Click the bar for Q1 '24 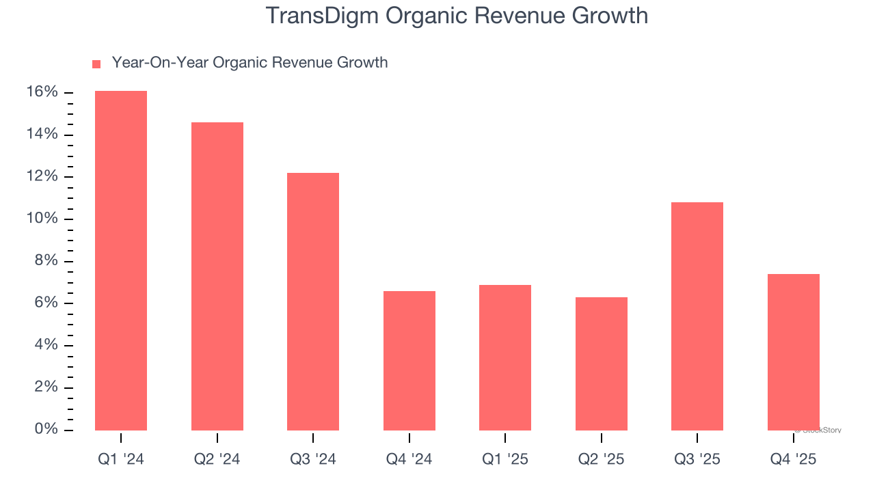coord(121,260)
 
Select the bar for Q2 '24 coord(217,276)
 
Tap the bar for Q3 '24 coord(313,301)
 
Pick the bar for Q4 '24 coord(409,360)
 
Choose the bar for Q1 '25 coord(505,357)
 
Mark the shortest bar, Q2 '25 coord(602,364)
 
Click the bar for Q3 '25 coord(697,316)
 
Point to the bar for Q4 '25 coord(794,352)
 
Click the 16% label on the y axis coord(42,92)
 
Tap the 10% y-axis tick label coord(42,219)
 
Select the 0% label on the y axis coord(47,429)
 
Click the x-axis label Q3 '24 coord(313,459)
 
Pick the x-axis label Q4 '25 coord(794,459)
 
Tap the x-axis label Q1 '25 coord(505,459)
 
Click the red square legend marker coord(96,64)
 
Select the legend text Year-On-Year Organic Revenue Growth coord(250,63)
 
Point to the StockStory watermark coord(820,430)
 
